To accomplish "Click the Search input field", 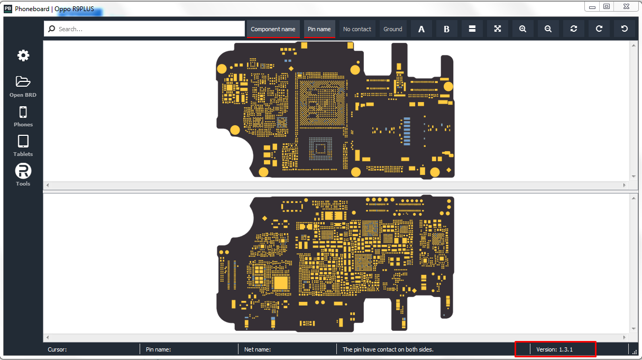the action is [144, 29].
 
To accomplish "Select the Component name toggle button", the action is [273, 29].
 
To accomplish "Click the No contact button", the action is [357, 29].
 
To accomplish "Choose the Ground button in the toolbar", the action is [392, 29].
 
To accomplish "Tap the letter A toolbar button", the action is [421, 29].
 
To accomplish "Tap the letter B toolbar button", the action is [446, 29].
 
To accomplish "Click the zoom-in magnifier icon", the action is [522, 29].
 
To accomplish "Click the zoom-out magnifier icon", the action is [548, 29].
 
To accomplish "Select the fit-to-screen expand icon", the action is [498, 29].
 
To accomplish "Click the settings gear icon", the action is [23, 56].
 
